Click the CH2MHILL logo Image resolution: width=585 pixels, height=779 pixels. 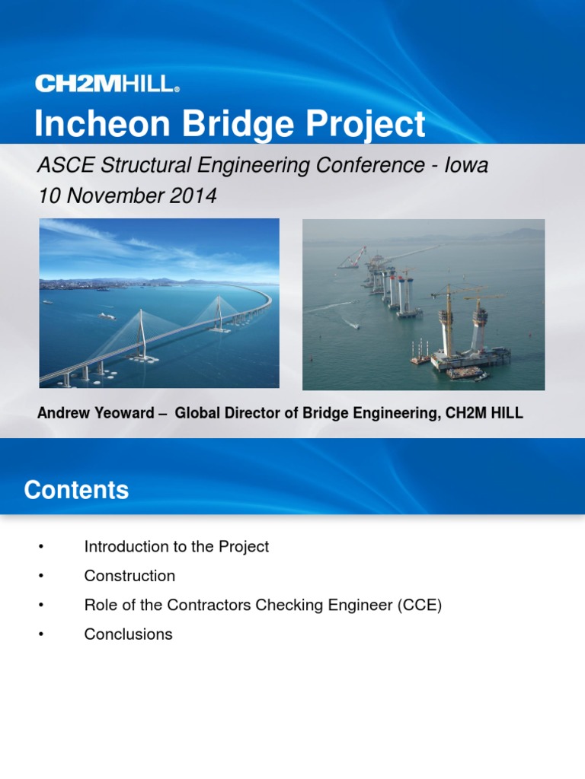[107, 84]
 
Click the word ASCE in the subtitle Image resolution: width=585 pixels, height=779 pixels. [61, 165]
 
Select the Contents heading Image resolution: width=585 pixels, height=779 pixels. [76, 490]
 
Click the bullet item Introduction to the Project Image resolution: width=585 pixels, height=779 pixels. [176, 546]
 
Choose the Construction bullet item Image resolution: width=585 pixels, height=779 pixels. [129, 576]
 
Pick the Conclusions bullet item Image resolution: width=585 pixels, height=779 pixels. [128, 634]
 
